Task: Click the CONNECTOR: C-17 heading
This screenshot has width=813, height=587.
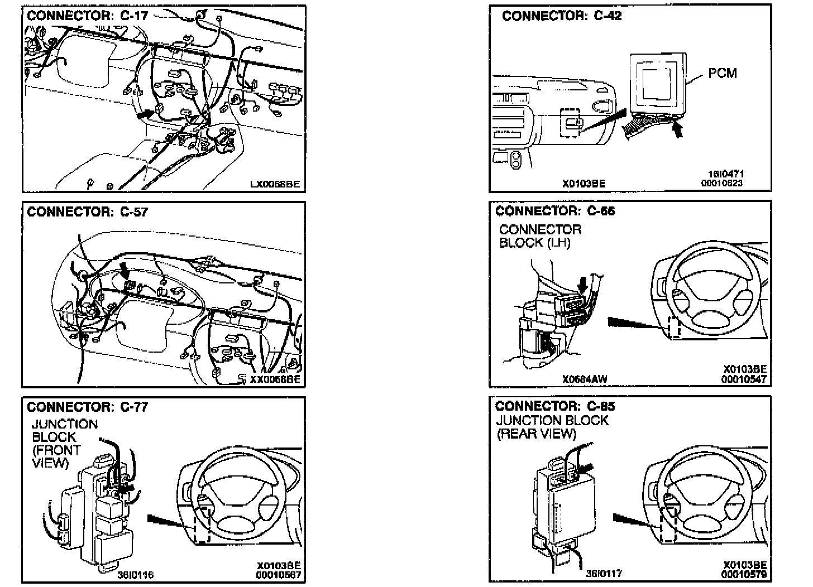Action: point(88,15)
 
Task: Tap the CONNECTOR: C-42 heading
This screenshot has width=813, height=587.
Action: point(562,16)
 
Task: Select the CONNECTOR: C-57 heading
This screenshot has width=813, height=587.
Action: point(88,211)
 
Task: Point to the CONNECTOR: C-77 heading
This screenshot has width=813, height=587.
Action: point(88,407)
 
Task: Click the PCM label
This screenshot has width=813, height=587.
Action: point(723,73)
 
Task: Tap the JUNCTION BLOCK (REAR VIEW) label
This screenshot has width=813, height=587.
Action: point(552,427)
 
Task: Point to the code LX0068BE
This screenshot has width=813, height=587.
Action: point(275,183)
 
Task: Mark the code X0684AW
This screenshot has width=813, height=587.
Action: point(585,379)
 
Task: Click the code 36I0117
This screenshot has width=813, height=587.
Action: point(604,573)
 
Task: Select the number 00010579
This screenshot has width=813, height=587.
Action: point(744,574)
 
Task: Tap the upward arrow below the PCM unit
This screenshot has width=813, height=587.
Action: point(678,131)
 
